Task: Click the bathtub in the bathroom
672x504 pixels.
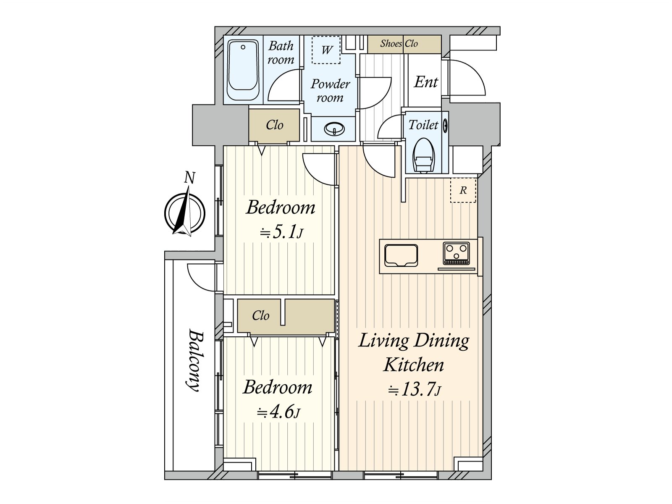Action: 243,70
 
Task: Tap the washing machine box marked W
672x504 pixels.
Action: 326,50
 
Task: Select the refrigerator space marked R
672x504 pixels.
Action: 463,190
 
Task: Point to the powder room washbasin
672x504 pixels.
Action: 334,129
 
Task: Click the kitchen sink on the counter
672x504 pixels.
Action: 401,255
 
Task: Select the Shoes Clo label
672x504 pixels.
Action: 399,44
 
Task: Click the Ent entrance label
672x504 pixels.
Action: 426,82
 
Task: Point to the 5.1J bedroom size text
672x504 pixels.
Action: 281,233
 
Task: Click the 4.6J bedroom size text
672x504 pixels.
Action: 278,412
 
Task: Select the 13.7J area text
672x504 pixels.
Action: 414,390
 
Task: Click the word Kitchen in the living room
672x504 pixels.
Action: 414,365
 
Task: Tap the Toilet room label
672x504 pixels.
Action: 423,125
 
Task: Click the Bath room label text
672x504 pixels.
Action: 281,52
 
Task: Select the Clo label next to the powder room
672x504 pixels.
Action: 274,125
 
